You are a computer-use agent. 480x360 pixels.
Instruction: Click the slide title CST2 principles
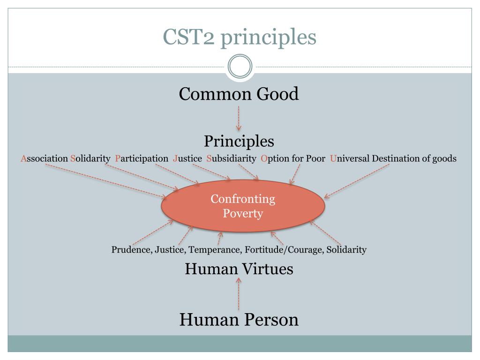(240, 37)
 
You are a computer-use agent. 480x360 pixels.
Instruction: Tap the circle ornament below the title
(240, 66)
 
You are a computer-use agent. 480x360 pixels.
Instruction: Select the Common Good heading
(239, 94)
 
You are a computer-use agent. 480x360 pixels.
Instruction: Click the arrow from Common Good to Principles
(239, 118)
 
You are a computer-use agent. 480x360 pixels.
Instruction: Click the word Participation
(142, 158)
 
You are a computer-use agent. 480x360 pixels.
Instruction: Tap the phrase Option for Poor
(293, 158)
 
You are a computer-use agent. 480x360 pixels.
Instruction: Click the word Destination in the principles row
(396, 158)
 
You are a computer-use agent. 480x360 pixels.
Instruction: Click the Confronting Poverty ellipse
(243, 206)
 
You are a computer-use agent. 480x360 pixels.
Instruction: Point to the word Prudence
(130, 250)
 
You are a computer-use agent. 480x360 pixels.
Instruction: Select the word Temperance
(215, 250)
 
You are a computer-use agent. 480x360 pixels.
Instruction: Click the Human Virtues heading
(239, 269)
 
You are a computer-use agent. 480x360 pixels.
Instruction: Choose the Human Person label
(239, 320)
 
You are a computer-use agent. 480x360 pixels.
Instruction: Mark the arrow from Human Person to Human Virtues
(239, 294)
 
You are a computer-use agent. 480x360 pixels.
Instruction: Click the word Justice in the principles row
(187, 158)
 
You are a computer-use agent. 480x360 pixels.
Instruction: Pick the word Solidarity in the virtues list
(346, 250)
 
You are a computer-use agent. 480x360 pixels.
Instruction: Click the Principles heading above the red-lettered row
(239, 141)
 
